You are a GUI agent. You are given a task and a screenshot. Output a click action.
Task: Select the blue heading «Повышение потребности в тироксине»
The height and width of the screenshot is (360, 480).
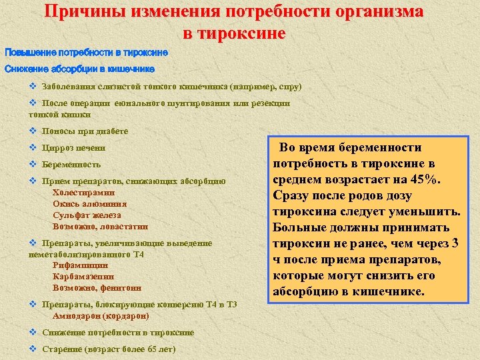[87, 52]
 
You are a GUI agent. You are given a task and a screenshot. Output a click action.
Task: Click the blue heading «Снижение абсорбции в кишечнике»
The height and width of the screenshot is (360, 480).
[80, 68]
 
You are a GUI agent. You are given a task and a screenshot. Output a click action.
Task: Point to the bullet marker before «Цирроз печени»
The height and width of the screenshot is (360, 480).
[33, 147]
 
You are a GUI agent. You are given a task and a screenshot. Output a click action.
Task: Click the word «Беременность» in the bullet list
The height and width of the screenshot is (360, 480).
[71, 164]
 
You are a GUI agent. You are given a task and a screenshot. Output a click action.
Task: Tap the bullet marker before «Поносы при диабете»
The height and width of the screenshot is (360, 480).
[33, 131]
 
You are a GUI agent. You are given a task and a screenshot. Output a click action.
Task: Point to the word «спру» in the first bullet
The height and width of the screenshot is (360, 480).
[290, 87]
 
